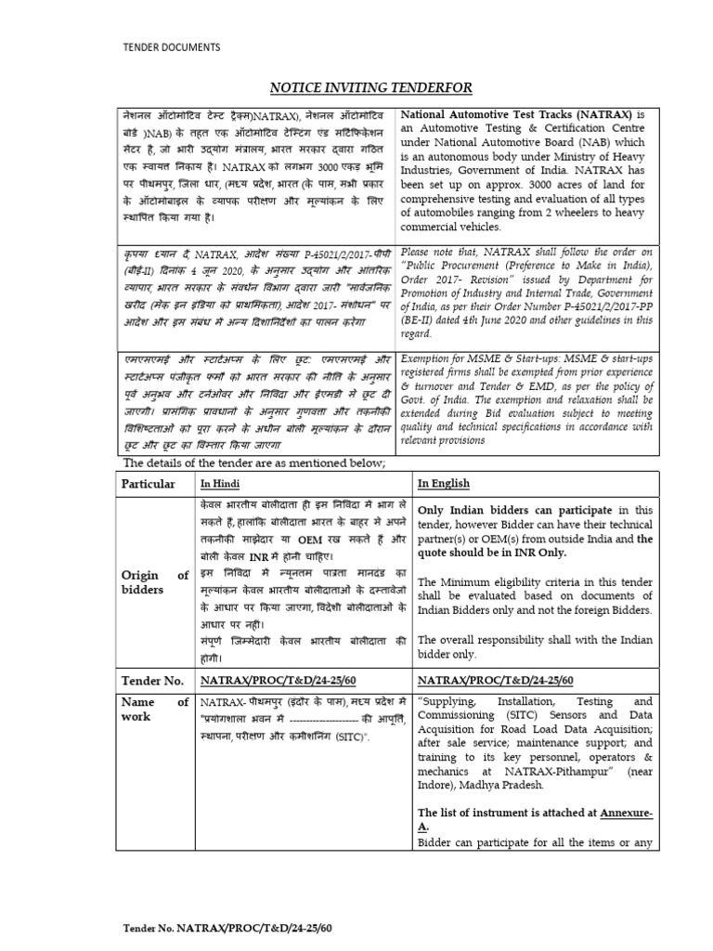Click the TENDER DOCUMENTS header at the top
tap(172, 46)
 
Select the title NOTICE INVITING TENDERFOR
tap(371, 87)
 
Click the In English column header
tap(443, 484)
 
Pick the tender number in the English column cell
tap(495, 680)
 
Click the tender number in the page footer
tap(227, 927)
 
